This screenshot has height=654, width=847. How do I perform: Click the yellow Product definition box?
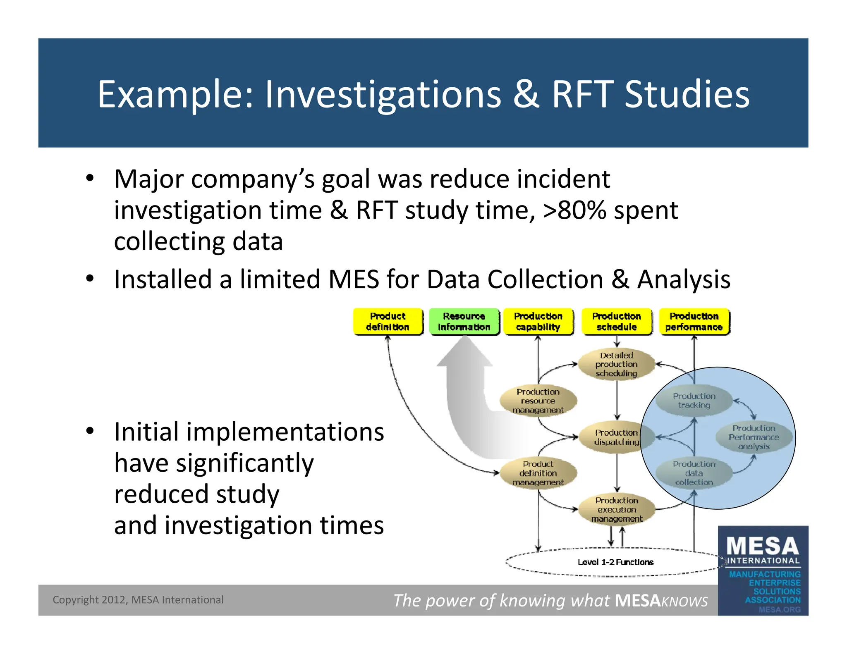[x=388, y=322]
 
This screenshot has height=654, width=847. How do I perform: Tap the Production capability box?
[x=538, y=322]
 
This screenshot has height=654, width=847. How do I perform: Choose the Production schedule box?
[x=616, y=322]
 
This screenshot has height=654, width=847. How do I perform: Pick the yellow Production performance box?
[x=694, y=322]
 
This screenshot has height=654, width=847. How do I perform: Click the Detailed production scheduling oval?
[x=616, y=364]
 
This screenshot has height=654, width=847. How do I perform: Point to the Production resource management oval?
[x=538, y=401]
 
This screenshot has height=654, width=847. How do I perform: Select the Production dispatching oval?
[x=616, y=437]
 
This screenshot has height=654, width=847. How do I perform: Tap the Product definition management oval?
[x=538, y=473]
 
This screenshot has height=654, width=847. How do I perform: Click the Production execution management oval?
[x=616, y=509]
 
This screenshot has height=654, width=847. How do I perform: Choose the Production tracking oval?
[x=694, y=401]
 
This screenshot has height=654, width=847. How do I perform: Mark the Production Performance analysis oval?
[x=754, y=437]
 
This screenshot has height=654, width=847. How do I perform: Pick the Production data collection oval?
[x=694, y=473]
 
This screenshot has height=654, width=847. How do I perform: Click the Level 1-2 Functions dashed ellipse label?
[x=615, y=562]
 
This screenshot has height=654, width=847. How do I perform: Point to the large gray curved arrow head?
[x=464, y=351]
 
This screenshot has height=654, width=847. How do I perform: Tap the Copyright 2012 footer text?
[x=138, y=600]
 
